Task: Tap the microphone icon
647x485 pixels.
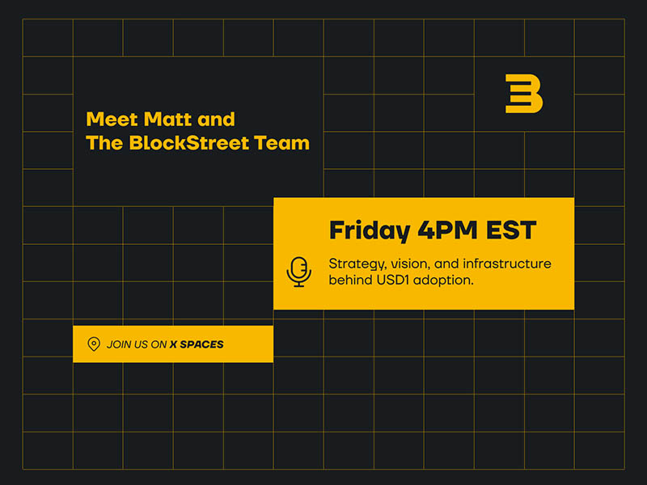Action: [x=299, y=272]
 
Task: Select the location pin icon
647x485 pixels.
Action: [x=94, y=344]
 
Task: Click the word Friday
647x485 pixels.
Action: [x=369, y=230]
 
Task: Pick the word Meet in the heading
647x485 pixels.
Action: [x=112, y=120]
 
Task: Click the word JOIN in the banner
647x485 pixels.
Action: [x=120, y=344]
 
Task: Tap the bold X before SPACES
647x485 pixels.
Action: [x=174, y=344]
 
